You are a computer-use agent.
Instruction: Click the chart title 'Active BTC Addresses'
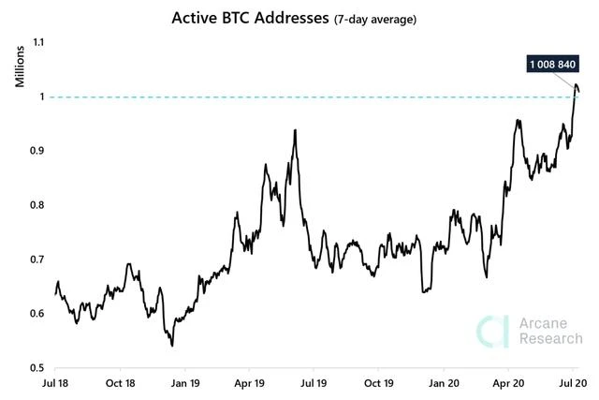point(249,18)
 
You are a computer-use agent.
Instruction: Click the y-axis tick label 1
point(41,96)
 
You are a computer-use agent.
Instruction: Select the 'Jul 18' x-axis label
point(56,384)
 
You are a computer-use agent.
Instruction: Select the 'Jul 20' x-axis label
point(574,384)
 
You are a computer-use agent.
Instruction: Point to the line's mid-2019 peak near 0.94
point(295,131)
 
